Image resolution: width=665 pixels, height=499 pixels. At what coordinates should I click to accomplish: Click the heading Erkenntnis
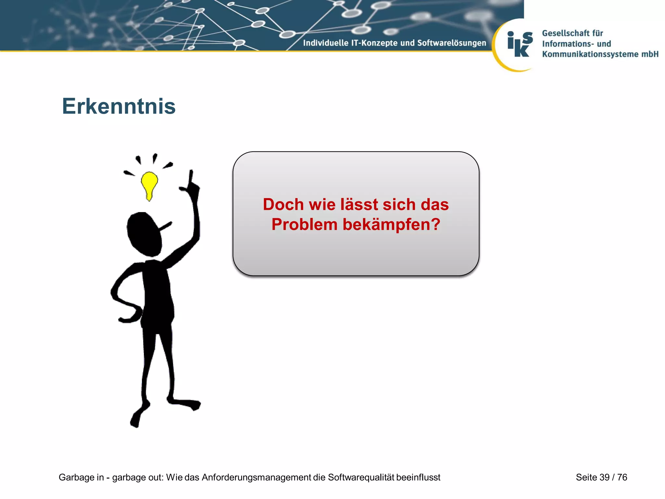tap(119, 106)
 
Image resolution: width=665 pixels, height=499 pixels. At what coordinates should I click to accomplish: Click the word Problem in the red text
tap(305, 224)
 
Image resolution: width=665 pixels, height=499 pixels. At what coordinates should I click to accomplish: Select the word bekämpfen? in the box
tap(391, 224)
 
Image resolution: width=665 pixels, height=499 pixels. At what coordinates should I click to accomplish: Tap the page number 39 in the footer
tap(605, 477)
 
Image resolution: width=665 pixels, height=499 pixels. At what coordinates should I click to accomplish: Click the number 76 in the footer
tap(622, 477)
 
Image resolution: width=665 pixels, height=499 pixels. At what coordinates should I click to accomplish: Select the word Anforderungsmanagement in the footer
tap(257, 477)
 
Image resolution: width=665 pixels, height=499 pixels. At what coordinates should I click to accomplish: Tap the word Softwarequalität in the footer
tap(361, 477)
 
